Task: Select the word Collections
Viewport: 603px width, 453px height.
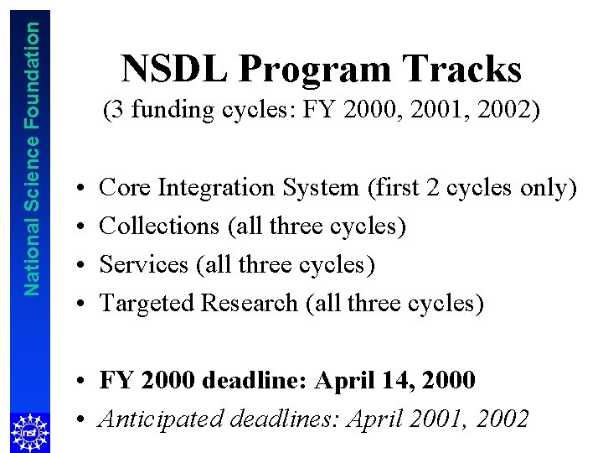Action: pyautogui.click(x=159, y=226)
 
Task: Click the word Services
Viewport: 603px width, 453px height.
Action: pyautogui.click(x=144, y=265)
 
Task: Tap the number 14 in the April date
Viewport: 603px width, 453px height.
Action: pyautogui.click(x=393, y=381)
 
